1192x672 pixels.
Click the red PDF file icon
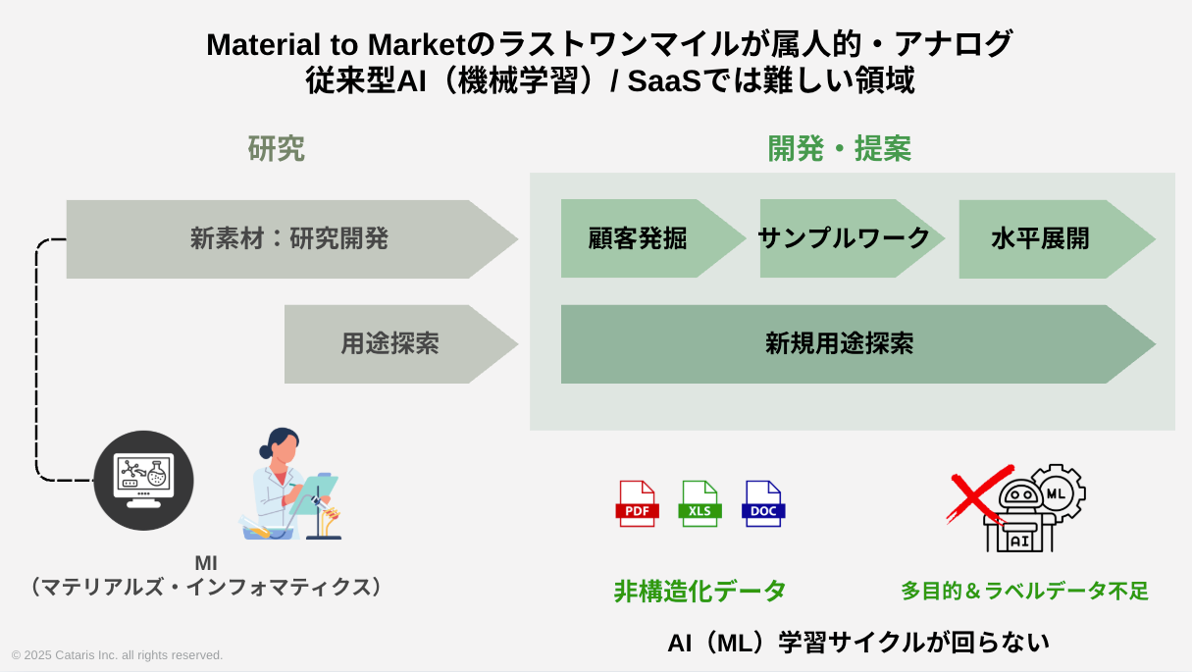(637, 503)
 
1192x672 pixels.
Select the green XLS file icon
(700, 503)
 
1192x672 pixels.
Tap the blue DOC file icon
(763, 503)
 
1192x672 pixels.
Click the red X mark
(978, 493)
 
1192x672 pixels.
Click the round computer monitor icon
(144, 481)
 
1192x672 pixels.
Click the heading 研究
(277, 149)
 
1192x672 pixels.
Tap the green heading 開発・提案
(839, 149)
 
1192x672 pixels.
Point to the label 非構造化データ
(700, 591)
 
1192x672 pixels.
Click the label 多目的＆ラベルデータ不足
(1024, 591)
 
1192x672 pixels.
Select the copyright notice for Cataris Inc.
(118, 654)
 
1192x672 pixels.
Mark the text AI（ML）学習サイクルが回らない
(857, 643)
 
